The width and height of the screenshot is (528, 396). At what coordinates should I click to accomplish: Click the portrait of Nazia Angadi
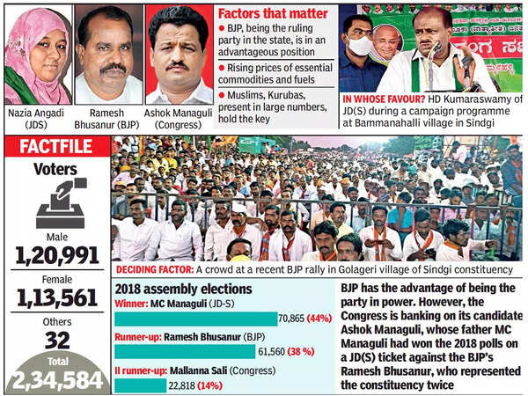point(37,55)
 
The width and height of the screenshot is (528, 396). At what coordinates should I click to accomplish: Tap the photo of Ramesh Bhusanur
point(107,55)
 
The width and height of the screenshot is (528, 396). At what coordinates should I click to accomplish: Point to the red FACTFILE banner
point(55,147)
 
